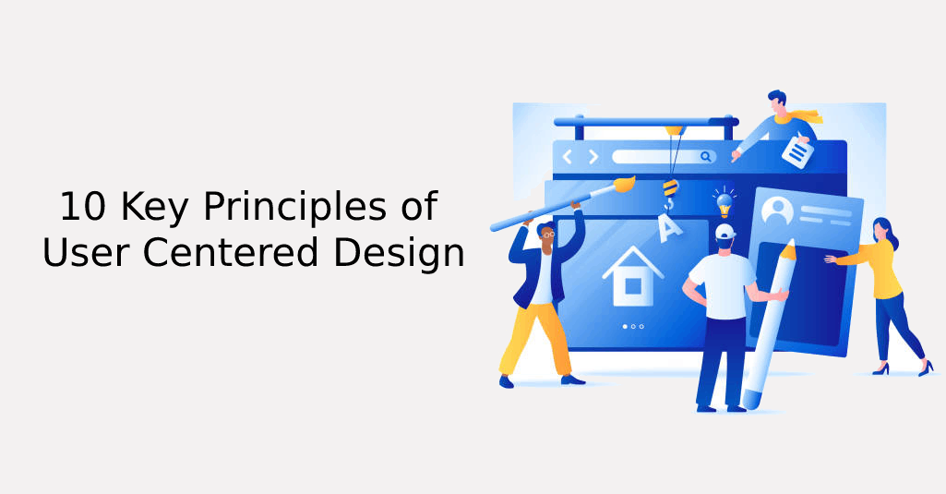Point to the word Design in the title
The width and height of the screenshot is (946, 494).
click(407, 251)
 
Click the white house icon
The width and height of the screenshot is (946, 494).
click(632, 276)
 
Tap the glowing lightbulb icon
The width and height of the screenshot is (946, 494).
click(724, 199)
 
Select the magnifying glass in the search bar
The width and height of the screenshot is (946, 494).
click(706, 157)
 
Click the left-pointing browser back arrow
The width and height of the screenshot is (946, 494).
click(568, 157)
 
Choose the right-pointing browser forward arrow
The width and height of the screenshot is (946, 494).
click(593, 157)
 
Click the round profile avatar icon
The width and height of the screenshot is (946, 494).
click(777, 212)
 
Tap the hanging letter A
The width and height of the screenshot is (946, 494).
click(667, 225)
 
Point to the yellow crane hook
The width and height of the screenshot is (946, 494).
click(671, 188)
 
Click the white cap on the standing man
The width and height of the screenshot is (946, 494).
click(724, 231)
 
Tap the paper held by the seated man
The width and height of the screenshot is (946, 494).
click(796, 151)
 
